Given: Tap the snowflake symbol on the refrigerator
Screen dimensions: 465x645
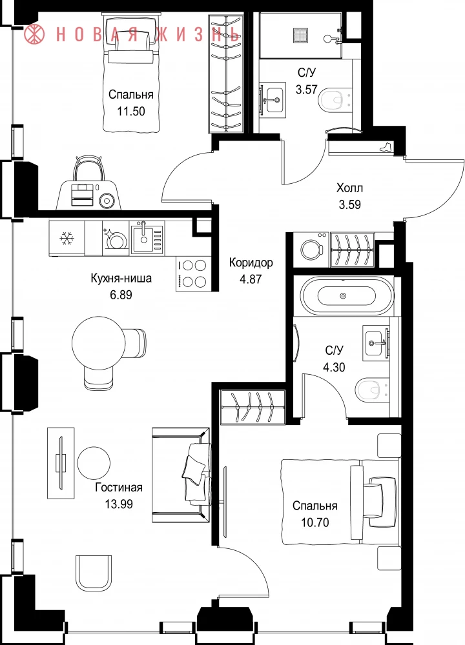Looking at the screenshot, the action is pyautogui.click(x=66, y=238).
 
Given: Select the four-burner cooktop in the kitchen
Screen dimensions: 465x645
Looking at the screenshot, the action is pyautogui.click(x=193, y=273).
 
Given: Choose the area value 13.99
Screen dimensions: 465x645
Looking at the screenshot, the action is pyautogui.click(x=119, y=504).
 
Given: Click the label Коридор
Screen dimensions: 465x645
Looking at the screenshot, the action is pyautogui.click(x=251, y=263).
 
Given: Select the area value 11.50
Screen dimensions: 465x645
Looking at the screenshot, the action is pyautogui.click(x=131, y=111).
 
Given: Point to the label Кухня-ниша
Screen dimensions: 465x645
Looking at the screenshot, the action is pyautogui.click(x=121, y=278).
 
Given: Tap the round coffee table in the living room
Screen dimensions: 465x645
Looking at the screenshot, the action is pyautogui.click(x=94, y=462).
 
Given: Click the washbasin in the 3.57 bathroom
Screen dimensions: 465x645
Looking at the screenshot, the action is pyautogui.click(x=273, y=99).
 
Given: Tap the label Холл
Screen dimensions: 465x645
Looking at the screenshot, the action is pyautogui.click(x=349, y=188).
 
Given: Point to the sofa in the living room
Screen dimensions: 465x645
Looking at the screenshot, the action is pyautogui.click(x=181, y=475).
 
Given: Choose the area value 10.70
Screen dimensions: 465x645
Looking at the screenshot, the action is pyautogui.click(x=315, y=522).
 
